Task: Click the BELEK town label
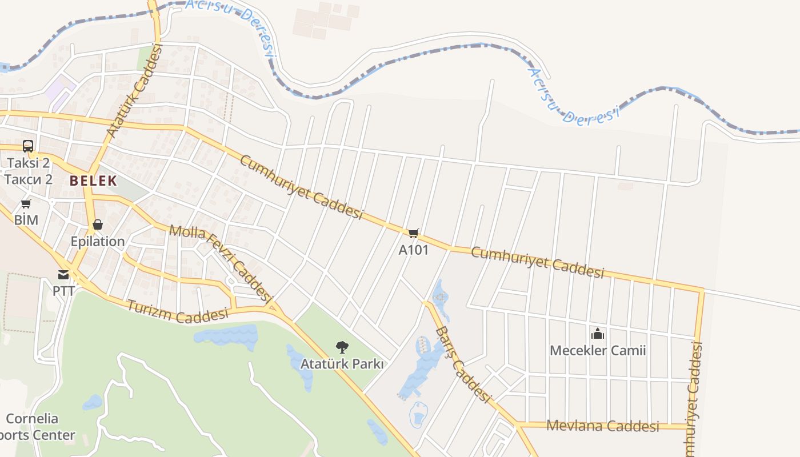[x=93, y=181]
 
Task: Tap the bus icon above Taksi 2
[x=28, y=146]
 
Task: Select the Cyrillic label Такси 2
[x=28, y=179]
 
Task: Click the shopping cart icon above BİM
[x=26, y=204]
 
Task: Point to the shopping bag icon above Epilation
[x=98, y=225]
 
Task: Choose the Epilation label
[x=98, y=242]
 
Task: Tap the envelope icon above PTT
[x=63, y=275]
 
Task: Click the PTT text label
[x=63, y=291]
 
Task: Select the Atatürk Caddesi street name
[x=135, y=91]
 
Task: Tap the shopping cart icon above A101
[x=414, y=233]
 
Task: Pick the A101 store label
[x=414, y=250]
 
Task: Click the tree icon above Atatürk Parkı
[x=342, y=347]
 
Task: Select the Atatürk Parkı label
[x=342, y=364]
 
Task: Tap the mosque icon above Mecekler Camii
[x=598, y=333]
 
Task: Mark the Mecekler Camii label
[x=598, y=350]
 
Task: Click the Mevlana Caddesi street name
[x=603, y=426]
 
